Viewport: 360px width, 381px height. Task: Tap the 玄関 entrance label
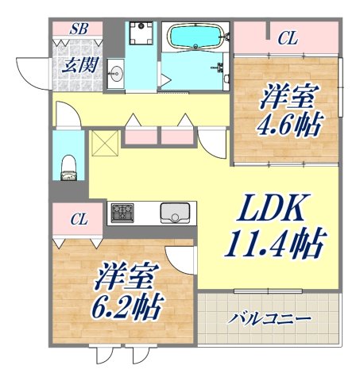pyautogui.click(x=79, y=65)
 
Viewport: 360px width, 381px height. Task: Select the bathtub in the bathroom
pyautogui.click(x=195, y=37)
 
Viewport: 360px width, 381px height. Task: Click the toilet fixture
pyautogui.click(x=69, y=168)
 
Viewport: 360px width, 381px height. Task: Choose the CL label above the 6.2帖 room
pyautogui.click(x=79, y=217)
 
